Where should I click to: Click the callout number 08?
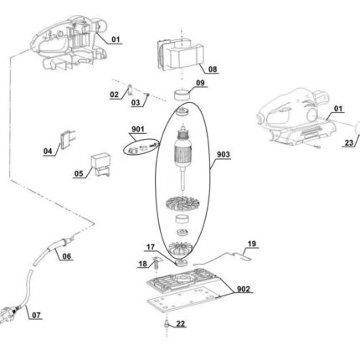tap(213, 69)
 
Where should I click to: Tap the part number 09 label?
tap(200, 83)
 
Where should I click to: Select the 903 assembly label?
tap(224, 154)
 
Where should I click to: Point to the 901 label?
tap(138, 129)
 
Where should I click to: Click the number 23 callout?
tap(349, 143)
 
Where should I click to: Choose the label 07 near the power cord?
tap(36, 316)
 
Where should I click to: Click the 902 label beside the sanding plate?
tap(244, 289)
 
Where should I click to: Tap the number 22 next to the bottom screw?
tap(181, 324)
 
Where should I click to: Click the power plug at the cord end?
tap(8, 314)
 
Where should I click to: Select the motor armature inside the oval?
tap(183, 157)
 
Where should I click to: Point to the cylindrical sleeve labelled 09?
tap(182, 94)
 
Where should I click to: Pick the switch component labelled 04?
tap(68, 140)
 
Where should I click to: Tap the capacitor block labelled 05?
tap(100, 165)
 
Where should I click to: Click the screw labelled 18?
tap(156, 263)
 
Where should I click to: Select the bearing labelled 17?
tap(182, 262)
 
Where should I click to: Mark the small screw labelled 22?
tap(167, 324)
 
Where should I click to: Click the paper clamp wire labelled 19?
tap(224, 257)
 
